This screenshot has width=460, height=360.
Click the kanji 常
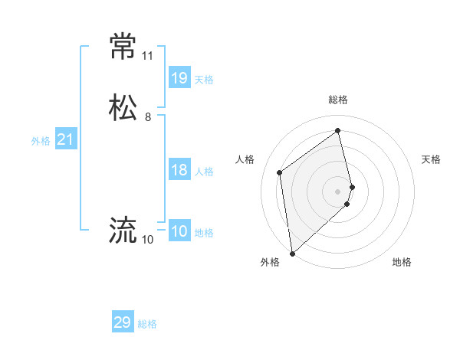point(123,47)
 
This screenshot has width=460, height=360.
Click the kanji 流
point(123,230)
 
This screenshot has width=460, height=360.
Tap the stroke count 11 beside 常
point(147,56)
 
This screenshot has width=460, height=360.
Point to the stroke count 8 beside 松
point(147,117)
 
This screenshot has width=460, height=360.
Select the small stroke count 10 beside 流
point(147,240)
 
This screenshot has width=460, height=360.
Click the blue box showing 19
point(179,77)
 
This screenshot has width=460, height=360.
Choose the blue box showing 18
point(179,170)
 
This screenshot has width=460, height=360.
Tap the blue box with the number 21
point(65,139)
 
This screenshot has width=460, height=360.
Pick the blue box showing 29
point(123,322)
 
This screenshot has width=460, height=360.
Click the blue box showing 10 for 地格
point(179,231)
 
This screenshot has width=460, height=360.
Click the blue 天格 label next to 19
point(204,79)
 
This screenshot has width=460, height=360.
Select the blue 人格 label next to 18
point(204,171)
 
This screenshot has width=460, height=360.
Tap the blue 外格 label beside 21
point(41,140)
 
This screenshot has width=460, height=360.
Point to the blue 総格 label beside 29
point(147,324)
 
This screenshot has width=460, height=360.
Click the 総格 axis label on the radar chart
point(338,100)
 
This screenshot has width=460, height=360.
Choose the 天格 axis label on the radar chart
point(432,159)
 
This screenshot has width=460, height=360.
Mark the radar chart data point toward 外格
point(291,253)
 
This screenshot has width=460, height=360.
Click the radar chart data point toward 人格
point(280,172)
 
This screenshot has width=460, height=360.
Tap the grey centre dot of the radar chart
point(338,191)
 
